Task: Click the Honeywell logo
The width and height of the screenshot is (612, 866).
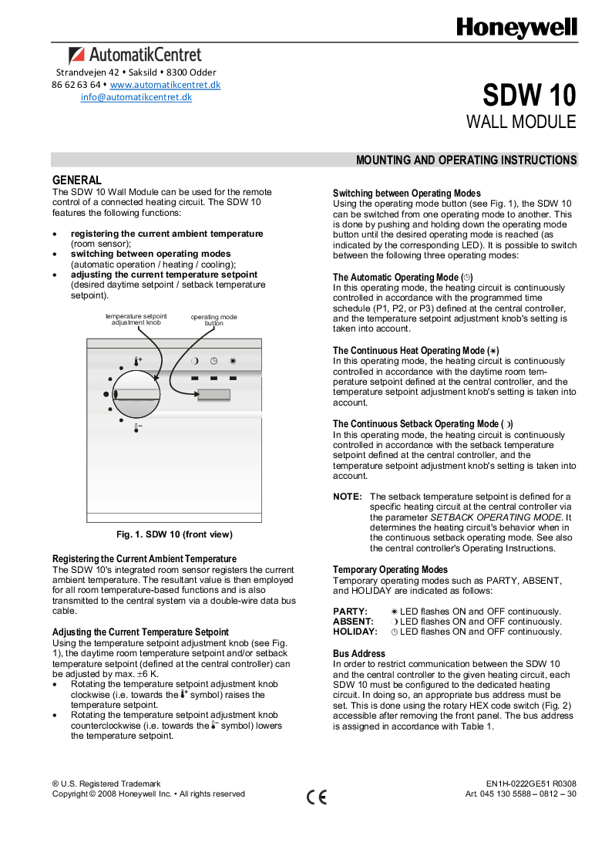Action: pos(516,28)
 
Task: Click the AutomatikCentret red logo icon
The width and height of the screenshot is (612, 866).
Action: pos(76,55)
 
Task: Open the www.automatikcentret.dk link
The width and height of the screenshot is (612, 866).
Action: pos(165,84)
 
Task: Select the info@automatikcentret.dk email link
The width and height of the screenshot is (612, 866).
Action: pos(136,97)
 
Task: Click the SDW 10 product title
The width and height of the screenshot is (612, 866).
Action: pos(529,96)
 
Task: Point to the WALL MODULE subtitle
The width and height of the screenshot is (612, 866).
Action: pos(521,122)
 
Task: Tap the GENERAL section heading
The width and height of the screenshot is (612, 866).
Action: pos(76,180)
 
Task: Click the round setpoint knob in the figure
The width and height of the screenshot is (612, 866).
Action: pos(136,393)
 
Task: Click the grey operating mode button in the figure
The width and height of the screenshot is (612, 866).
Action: pos(214,395)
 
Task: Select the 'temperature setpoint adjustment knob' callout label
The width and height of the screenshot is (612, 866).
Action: pos(136,319)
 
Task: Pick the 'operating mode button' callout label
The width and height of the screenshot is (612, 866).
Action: pos(214,320)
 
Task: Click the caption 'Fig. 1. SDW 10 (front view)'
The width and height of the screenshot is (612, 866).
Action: pos(174,534)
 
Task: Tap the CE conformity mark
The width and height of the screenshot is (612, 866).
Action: pos(316,797)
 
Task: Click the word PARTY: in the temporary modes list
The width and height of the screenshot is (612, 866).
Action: pos(350,611)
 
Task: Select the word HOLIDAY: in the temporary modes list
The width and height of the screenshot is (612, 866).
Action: pos(355,632)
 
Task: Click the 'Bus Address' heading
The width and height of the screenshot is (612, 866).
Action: pos(358,653)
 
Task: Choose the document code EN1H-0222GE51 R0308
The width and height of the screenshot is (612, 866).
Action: pos(531,783)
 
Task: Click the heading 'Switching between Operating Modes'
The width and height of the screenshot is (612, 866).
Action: pos(406,193)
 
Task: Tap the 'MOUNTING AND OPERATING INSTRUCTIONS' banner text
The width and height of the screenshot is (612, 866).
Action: pos(466,160)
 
